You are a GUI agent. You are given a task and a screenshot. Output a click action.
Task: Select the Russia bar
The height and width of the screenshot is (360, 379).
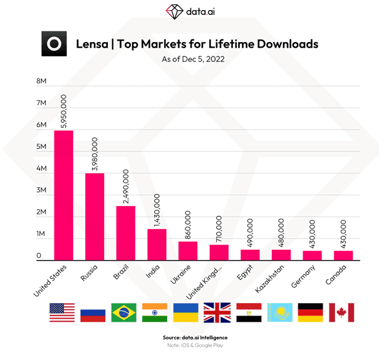95,216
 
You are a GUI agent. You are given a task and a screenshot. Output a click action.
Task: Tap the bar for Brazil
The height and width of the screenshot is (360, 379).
126,232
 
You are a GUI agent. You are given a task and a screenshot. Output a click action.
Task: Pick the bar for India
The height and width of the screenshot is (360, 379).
157,244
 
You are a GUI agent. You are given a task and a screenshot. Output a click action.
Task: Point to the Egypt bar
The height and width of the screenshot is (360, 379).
249,254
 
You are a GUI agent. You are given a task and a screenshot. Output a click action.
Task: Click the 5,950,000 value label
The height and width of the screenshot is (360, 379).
64,111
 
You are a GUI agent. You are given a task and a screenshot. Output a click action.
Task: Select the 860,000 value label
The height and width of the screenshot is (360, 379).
187,224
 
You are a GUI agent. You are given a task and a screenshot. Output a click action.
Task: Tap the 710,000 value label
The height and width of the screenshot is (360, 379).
219,229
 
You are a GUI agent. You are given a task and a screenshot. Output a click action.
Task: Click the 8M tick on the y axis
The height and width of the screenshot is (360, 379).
42,81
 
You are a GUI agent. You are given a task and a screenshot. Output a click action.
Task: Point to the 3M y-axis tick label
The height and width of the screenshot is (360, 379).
42,191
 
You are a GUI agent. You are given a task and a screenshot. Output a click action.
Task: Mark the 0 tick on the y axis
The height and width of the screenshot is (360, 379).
39,257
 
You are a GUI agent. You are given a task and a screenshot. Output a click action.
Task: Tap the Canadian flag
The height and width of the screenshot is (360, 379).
342,312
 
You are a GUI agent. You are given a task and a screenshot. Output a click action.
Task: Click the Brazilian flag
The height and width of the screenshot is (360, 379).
124,312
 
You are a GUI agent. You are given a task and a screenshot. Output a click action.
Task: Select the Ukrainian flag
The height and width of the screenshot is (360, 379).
186,312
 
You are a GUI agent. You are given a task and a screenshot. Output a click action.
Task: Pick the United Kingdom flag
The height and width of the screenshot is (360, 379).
217,312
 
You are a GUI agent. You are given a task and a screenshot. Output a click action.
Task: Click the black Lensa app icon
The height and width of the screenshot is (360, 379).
54,44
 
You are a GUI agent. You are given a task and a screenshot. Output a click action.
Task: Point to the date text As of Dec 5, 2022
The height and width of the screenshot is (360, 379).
189,60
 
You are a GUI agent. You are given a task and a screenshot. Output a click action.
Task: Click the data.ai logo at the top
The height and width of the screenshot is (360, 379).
189,11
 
